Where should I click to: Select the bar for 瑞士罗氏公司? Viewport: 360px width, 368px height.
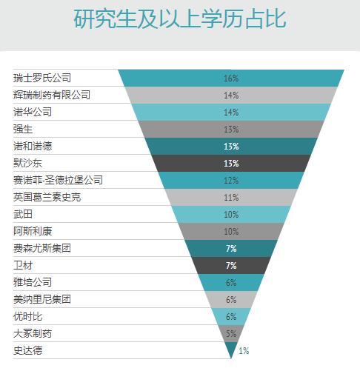[x=185, y=78]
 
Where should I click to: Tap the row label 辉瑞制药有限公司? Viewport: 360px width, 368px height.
[x=52, y=95]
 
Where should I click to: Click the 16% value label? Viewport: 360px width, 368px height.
[x=231, y=78]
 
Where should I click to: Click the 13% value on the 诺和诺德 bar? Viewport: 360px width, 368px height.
[x=231, y=146]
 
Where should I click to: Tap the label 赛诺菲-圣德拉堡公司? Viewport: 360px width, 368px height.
[x=58, y=180]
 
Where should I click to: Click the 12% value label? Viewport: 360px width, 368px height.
[x=231, y=180]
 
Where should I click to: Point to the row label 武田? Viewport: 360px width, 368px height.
[x=23, y=214]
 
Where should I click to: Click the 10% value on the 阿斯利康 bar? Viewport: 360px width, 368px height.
[x=231, y=231]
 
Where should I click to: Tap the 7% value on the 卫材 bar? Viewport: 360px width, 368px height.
[x=231, y=265]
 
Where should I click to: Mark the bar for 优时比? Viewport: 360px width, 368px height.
[x=222, y=316]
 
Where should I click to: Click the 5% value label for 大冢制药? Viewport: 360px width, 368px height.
[x=231, y=333]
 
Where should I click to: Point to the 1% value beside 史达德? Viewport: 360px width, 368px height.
[x=244, y=350]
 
